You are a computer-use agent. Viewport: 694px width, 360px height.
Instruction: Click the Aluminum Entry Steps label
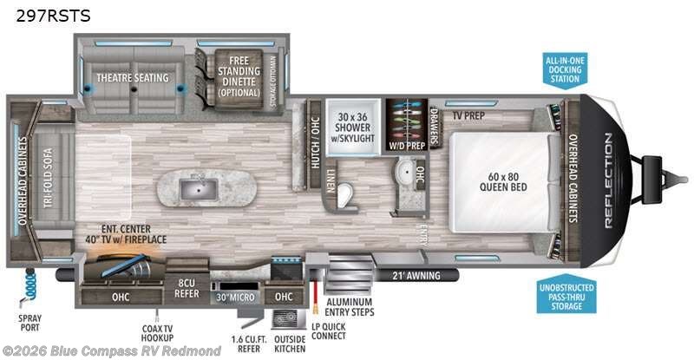pos(351,306)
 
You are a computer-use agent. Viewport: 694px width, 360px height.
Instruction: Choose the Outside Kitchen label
pos(290,344)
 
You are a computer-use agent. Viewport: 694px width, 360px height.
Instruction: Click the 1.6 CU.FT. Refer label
pos(247,344)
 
